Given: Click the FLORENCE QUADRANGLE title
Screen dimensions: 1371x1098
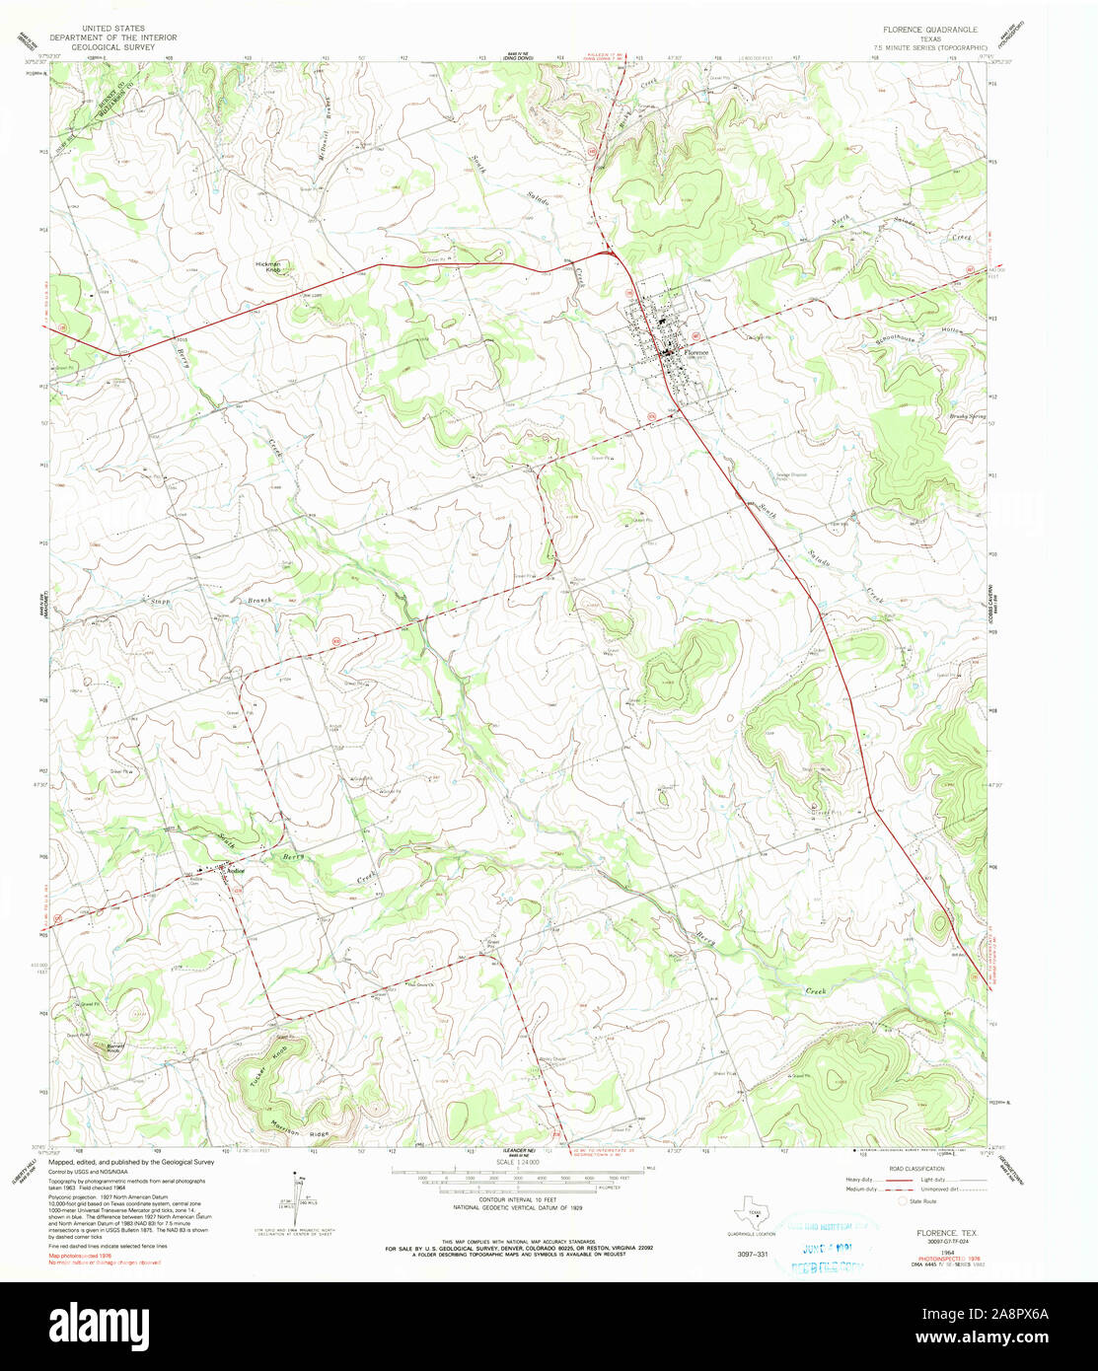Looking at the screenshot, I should click(916, 30).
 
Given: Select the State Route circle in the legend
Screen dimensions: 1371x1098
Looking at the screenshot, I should click(902, 1201).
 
